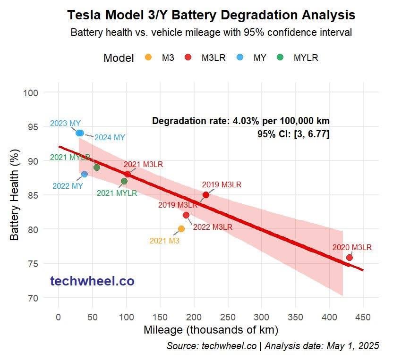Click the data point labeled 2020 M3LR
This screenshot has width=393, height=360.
click(350, 258)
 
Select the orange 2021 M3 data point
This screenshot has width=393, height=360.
click(181, 229)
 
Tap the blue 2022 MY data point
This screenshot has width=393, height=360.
click(85, 174)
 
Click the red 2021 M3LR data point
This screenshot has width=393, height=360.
click(128, 174)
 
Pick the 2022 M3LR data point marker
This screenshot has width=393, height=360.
click(186, 215)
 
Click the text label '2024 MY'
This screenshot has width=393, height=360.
click(110, 138)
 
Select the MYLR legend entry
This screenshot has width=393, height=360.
click(300, 58)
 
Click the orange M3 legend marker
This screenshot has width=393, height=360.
click(148, 58)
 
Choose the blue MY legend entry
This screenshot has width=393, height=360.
click(254, 58)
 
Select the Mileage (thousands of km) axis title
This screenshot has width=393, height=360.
click(210, 330)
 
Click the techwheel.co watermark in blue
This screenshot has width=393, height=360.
click(92, 282)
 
